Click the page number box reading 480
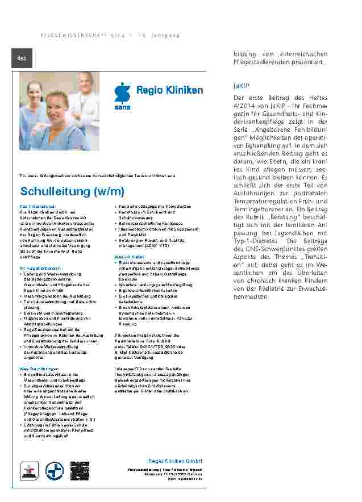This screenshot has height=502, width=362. [x=22, y=58]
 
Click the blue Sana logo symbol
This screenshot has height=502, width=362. [x=122, y=93]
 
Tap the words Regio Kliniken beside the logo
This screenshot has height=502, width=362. [x=169, y=91]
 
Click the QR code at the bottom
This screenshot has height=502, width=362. [x=80, y=471]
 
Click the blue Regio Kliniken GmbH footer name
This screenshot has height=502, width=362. [x=175, y=461]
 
